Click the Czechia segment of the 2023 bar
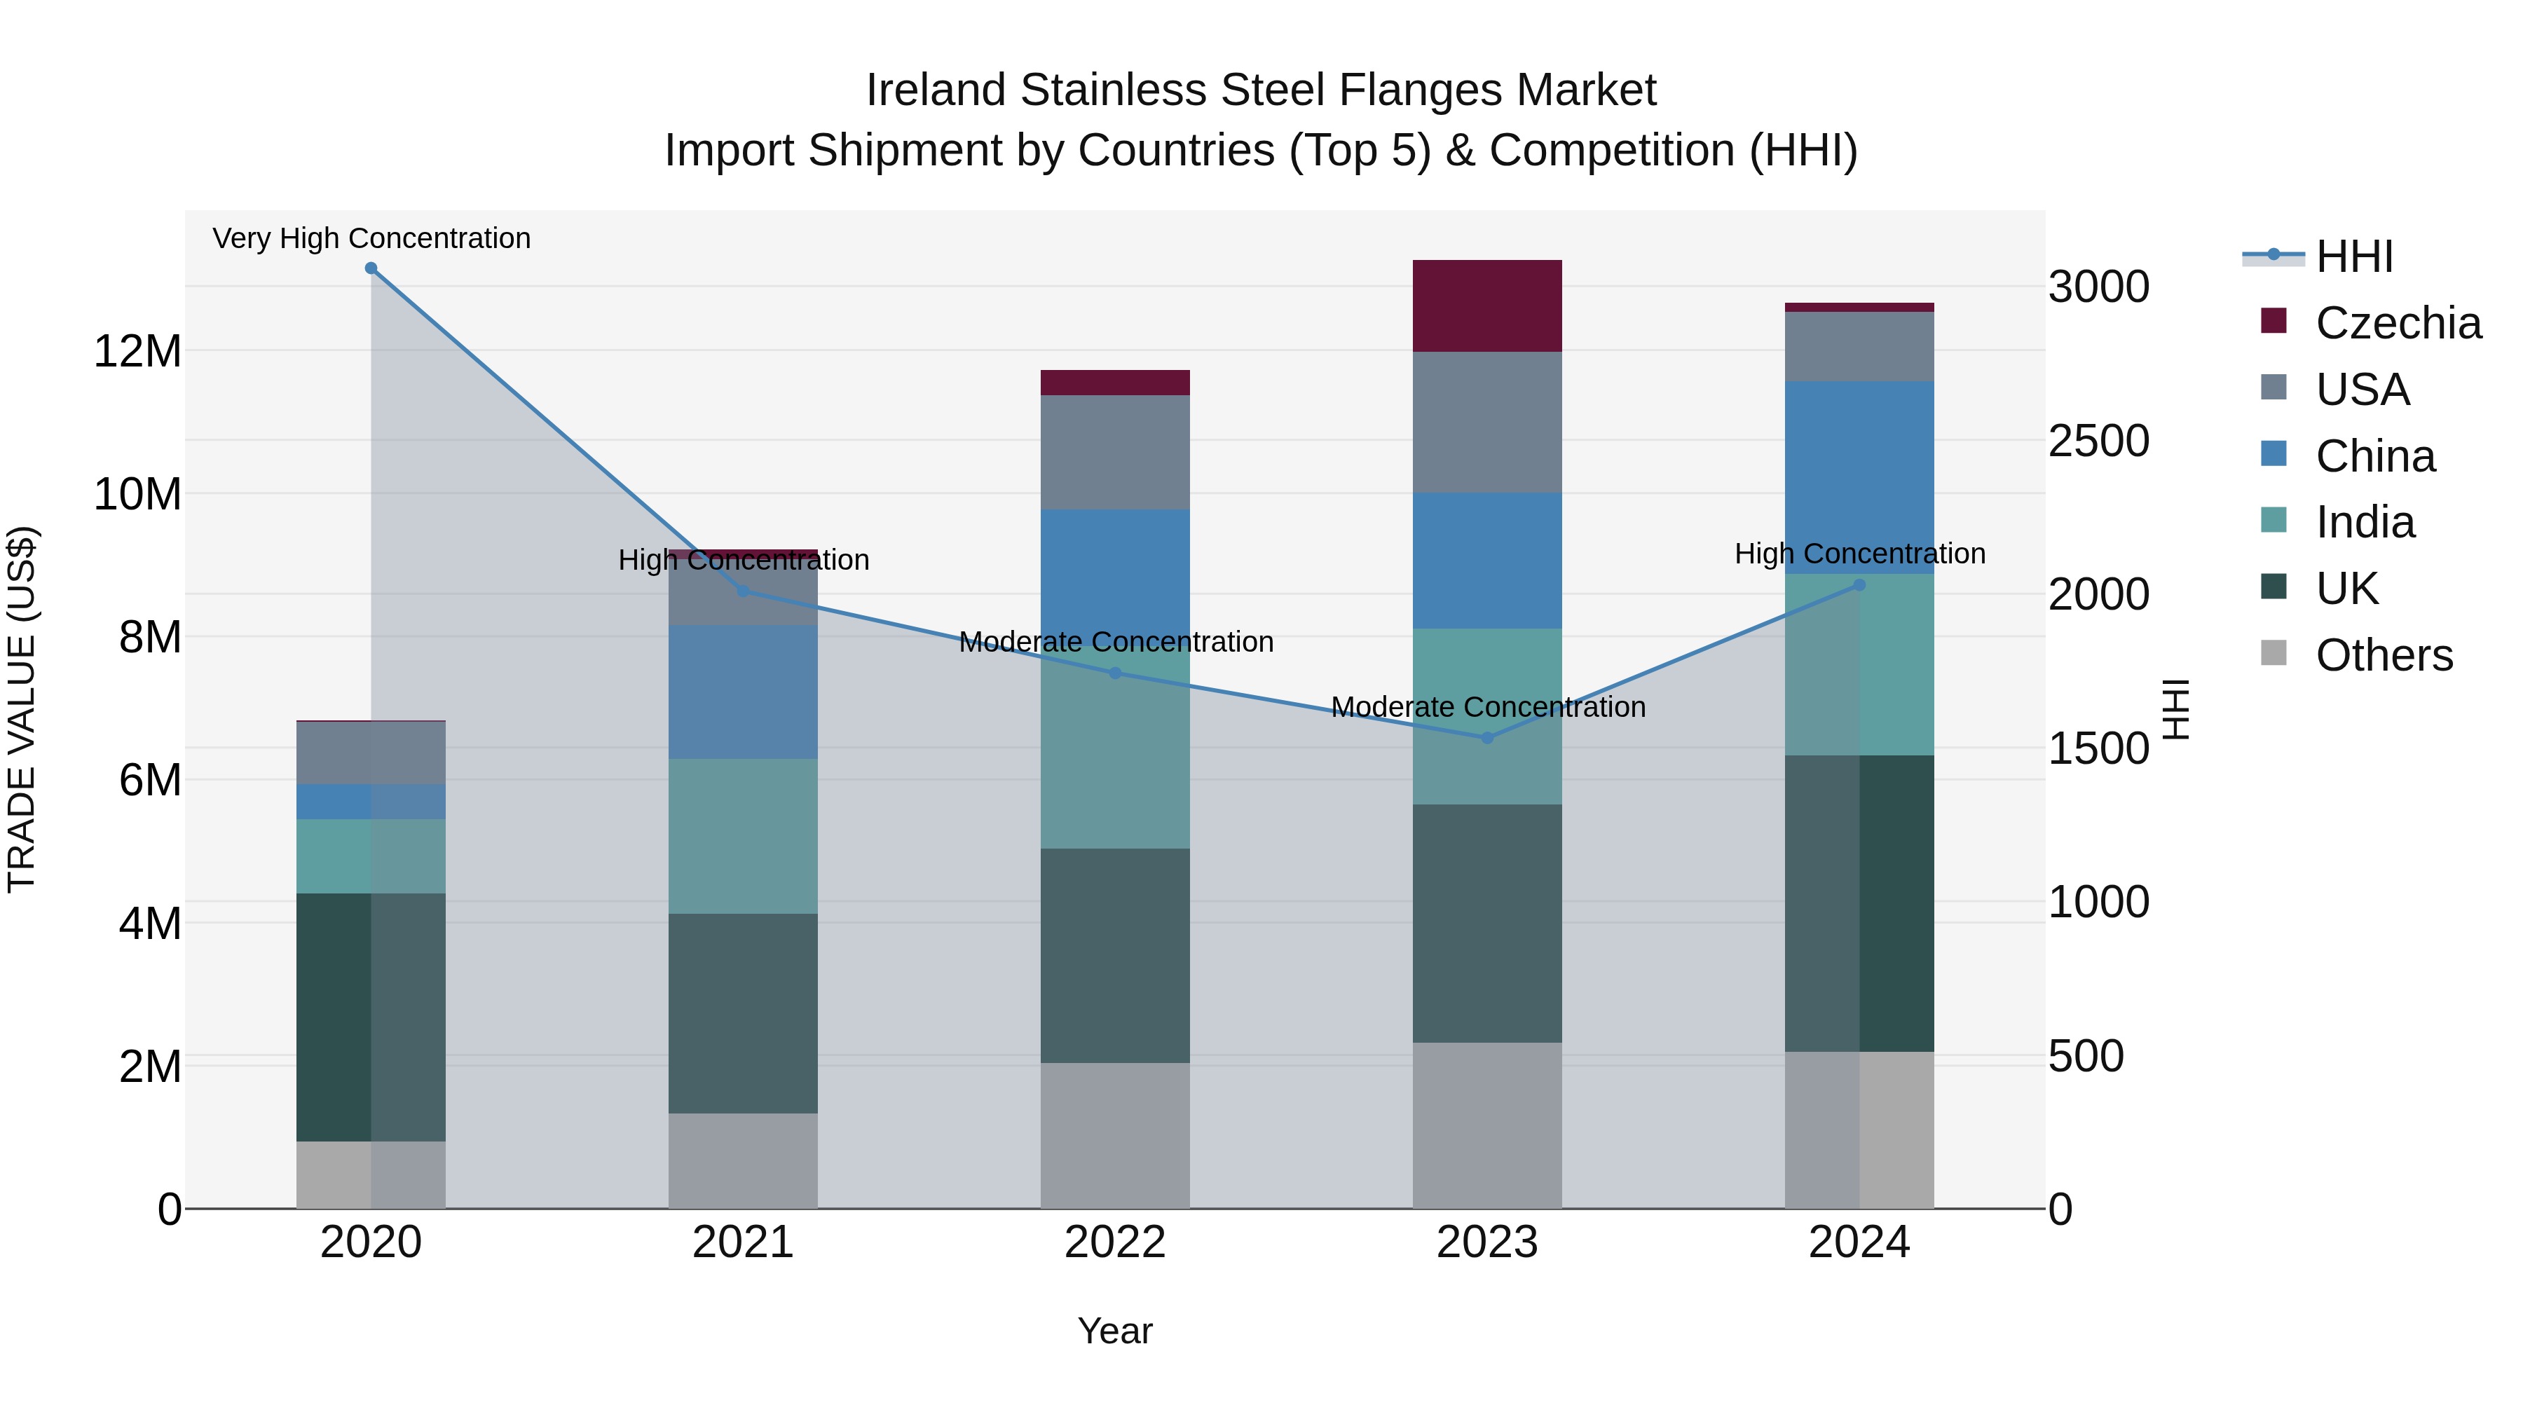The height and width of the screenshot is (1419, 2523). (1486, 306)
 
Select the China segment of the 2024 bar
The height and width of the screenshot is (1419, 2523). (1859, 477)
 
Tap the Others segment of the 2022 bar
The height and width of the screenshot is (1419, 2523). (1114, 1135)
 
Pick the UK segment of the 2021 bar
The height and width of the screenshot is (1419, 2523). (742, 1013)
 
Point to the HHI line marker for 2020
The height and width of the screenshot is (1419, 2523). (371, 268)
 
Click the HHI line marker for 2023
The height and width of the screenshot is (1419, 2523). (1486, 737)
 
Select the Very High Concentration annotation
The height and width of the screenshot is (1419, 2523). (371, 238)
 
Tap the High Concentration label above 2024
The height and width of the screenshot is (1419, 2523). (1859, 554)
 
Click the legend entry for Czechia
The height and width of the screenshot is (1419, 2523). (2398, 323)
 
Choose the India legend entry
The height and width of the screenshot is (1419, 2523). (2365, 522)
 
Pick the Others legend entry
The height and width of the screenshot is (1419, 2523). (2384, 655)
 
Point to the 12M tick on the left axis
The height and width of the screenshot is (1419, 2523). (137, 350)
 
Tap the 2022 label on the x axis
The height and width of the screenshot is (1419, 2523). (1114, 1242)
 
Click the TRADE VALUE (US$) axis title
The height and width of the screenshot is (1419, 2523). (22, 709)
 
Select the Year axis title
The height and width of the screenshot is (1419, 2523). (1114, 1331)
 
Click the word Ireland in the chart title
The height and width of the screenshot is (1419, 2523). (936, 90)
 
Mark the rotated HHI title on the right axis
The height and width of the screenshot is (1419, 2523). (2176, 709)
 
